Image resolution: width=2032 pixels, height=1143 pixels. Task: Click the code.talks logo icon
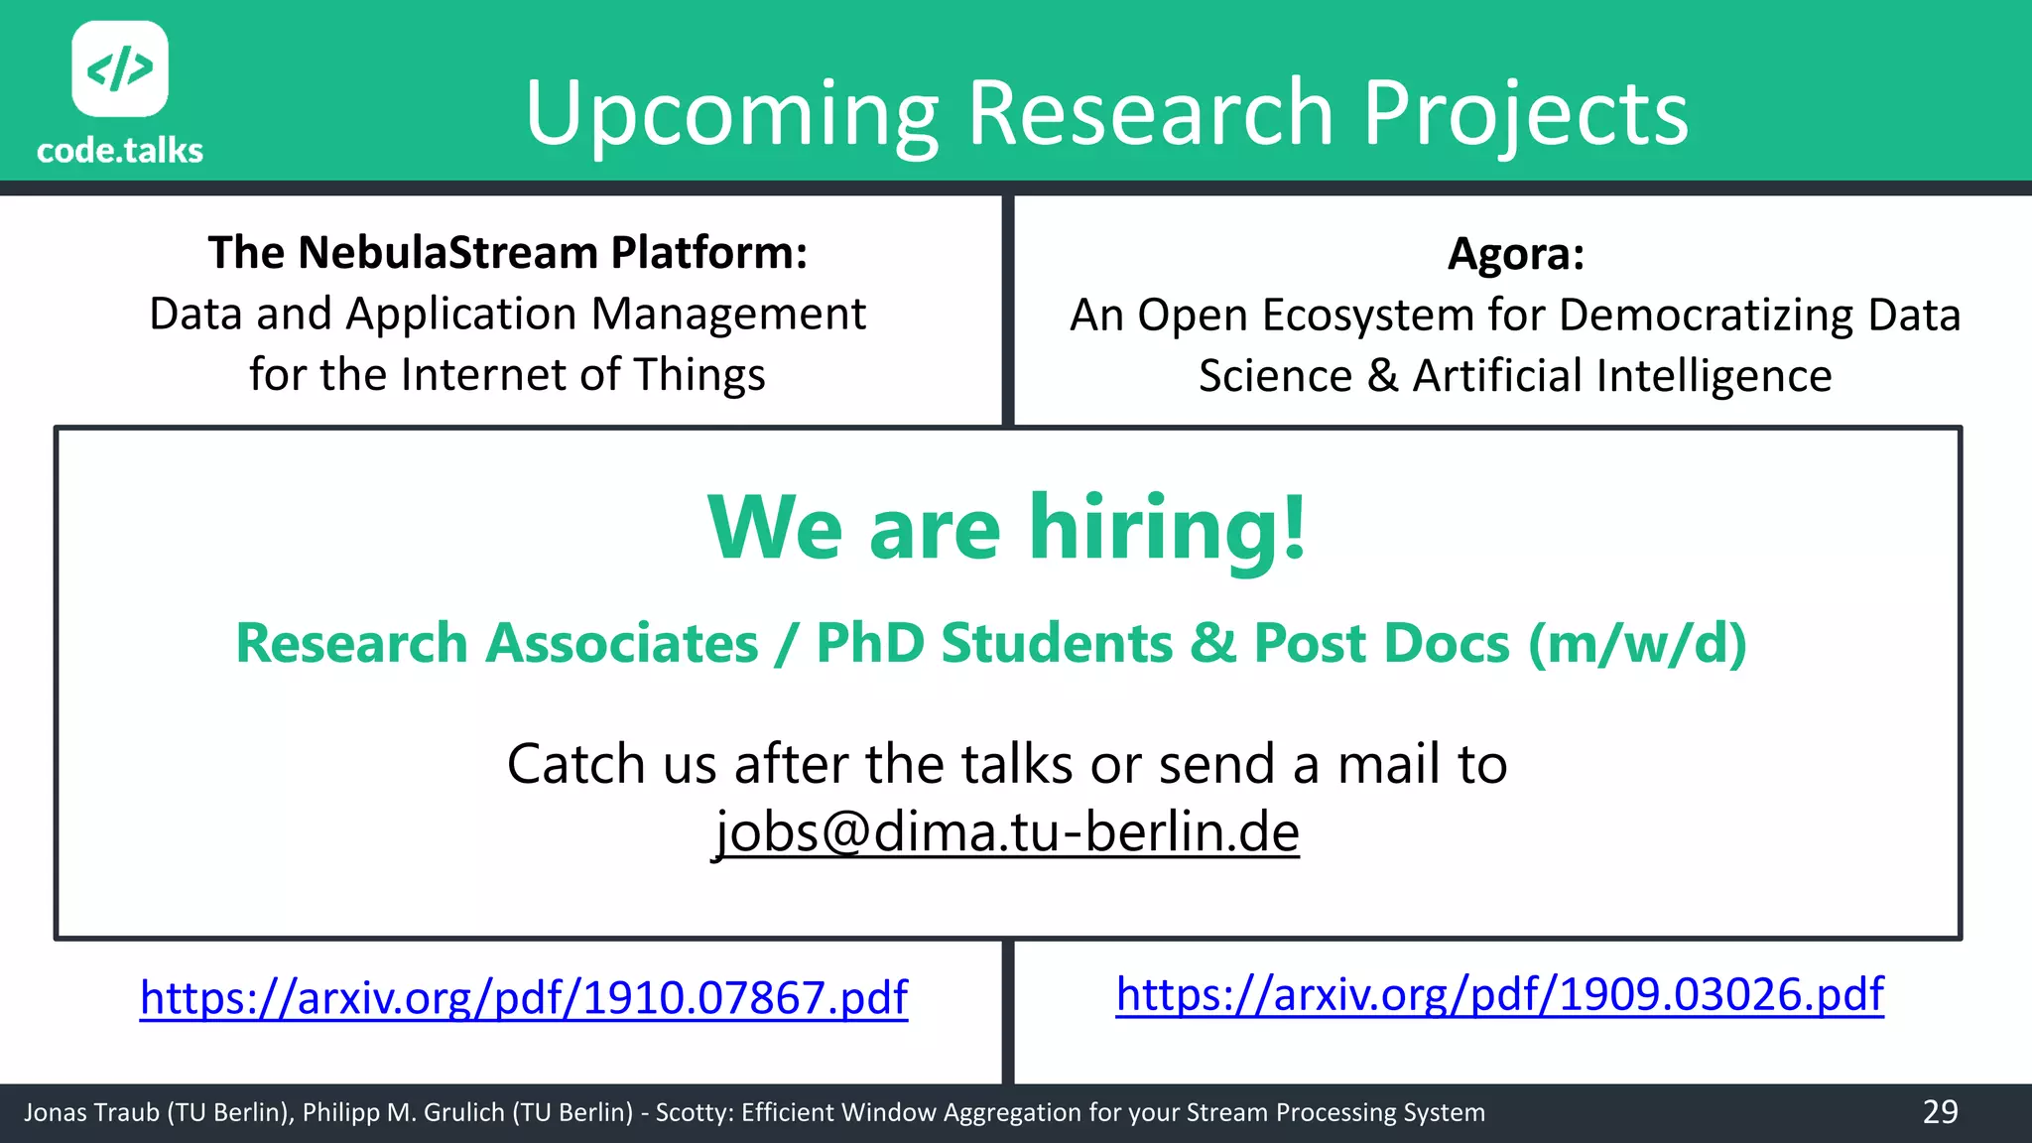tap(120, 68)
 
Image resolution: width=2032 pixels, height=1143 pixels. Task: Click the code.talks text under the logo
tap(120, 151)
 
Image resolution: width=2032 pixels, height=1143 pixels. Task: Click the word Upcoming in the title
tap(731, 114)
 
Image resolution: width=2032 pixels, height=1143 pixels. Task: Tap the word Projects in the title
tap(1525, 114)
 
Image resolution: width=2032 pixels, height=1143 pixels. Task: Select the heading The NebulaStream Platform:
tap(507, 252)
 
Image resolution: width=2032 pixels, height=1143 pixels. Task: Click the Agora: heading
tap(1515, 253)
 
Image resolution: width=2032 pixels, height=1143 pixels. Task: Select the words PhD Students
tap(994, 643)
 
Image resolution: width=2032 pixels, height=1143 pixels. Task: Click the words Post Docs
tap(1381, 643)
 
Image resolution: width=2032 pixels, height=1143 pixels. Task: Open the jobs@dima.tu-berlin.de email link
tap(1006, 831)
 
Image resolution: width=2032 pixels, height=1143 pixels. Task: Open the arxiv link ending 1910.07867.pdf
tap(523, 997)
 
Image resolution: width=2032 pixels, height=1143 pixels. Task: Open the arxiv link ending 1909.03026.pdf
tap(1499, 994)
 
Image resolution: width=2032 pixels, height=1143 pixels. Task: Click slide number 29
tap(1940, 1111)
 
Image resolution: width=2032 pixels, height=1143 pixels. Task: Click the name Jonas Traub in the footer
tap(91, 1112)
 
